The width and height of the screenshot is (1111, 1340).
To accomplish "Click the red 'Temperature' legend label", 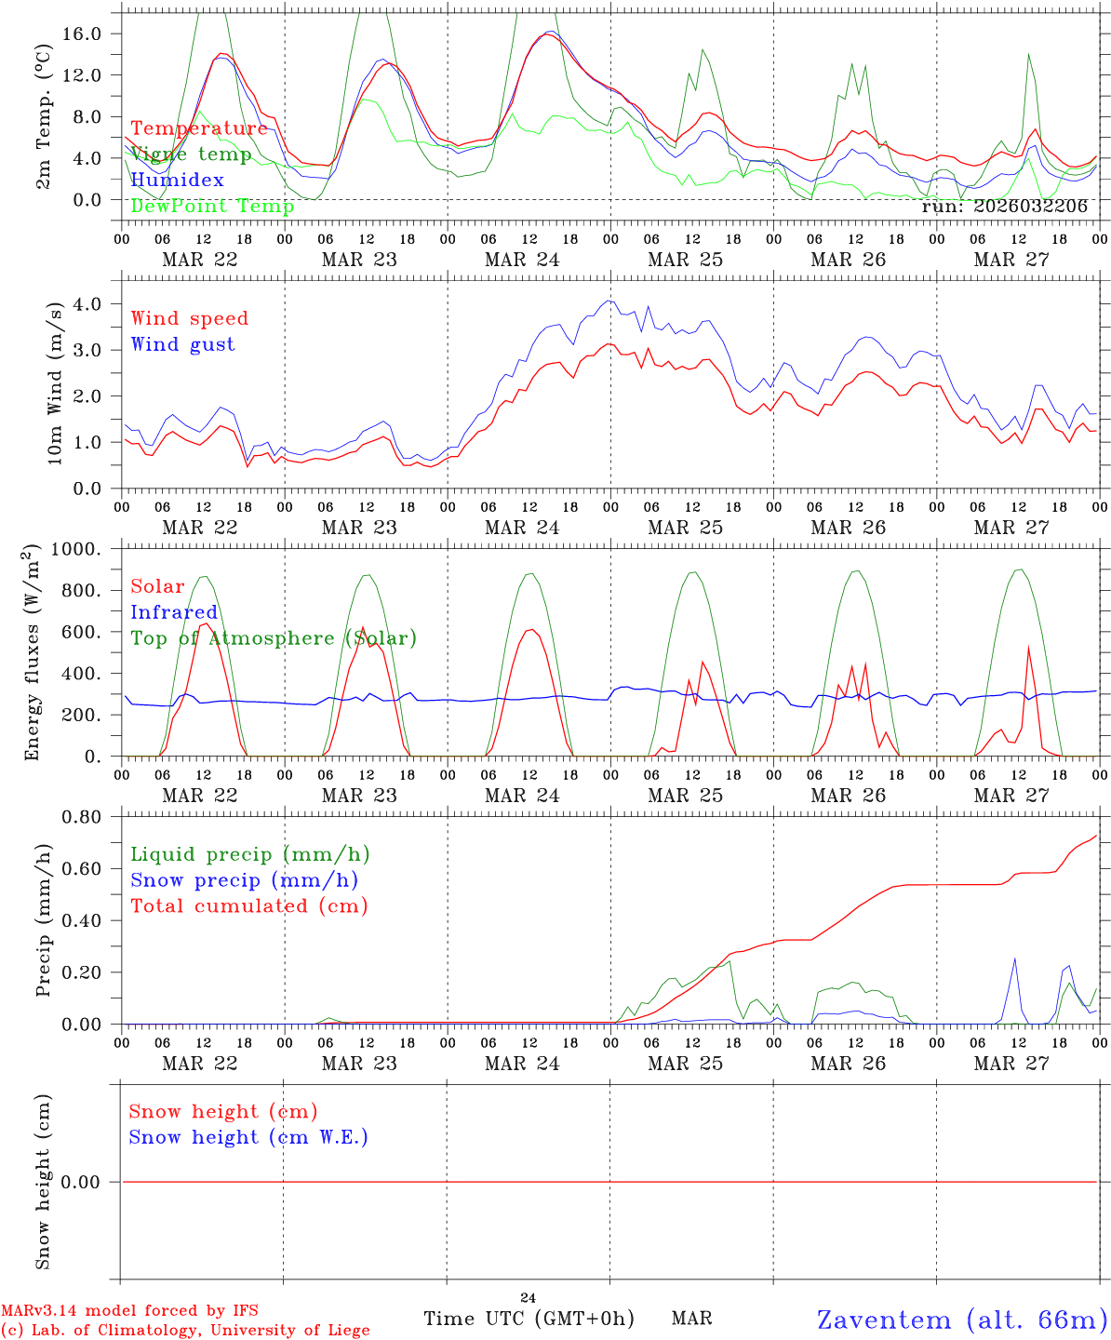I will click(198, 128).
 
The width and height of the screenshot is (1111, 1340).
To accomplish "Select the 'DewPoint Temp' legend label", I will click(212, 207).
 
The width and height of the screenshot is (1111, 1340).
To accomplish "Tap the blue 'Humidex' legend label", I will click(177, 181).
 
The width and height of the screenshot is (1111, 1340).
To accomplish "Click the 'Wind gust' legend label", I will click(182, 344).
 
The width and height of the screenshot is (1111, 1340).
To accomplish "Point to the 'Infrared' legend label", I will click(174, 612).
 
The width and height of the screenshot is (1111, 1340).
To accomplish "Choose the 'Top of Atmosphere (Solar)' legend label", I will click(274, 638).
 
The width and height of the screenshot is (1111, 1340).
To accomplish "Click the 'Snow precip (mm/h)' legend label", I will click(244, 880).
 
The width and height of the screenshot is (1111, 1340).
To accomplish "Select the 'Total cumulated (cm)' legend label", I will click(248, 906).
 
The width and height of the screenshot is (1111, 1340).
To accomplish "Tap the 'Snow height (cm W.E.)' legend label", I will click(248, 1137).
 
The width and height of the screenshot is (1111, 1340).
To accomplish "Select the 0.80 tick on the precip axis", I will click(88, 817).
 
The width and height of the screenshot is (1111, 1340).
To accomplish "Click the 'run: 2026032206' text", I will click(1004, 207).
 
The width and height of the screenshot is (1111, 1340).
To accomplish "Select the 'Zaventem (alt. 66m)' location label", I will click(962, 1320).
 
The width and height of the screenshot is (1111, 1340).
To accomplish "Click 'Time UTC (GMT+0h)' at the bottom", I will click(529, 1319).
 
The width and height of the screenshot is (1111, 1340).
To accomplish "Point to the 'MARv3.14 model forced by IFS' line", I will click(129, 1310).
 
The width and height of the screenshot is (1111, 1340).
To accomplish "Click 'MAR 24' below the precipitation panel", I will click(522, 1064).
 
